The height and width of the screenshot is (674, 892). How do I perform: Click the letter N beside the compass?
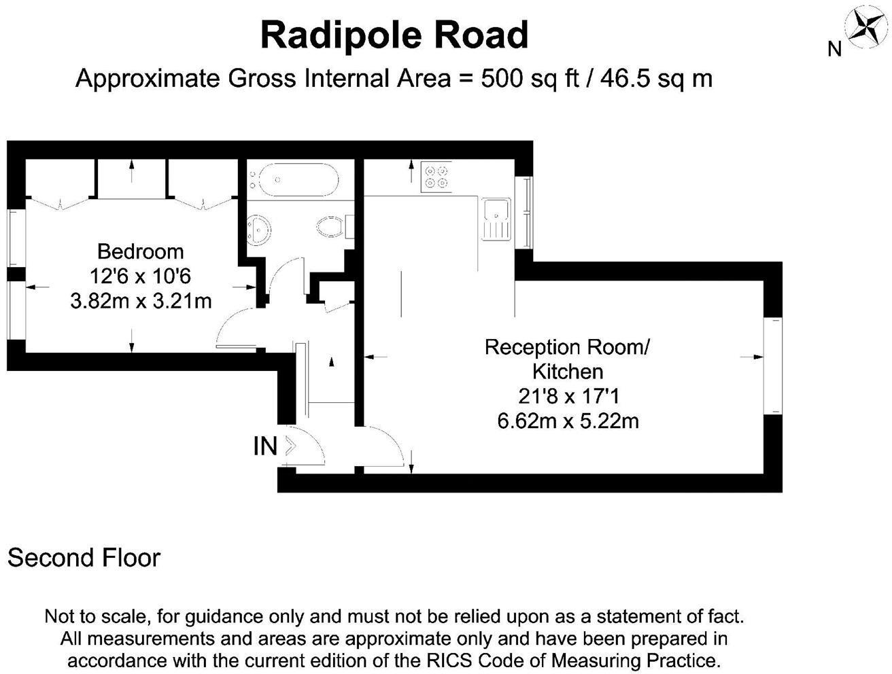tap(835, 49)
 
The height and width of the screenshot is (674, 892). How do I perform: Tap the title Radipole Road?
tap(394, 35)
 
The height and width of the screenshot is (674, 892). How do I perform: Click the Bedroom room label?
tap(141, 251)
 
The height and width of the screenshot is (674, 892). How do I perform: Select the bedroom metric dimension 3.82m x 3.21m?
tap(141, 300)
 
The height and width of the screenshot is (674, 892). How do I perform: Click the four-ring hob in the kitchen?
tap(436, 175)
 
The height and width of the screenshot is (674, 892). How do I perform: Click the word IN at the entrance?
tap(265, 446)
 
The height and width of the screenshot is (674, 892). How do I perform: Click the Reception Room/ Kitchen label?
tap(567, 359)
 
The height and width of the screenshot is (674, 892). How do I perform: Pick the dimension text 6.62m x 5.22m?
tap(568, 421)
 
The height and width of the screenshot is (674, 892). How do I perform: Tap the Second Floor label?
tap(84, 558)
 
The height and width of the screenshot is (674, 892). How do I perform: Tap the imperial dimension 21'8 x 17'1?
tap(568, 396)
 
